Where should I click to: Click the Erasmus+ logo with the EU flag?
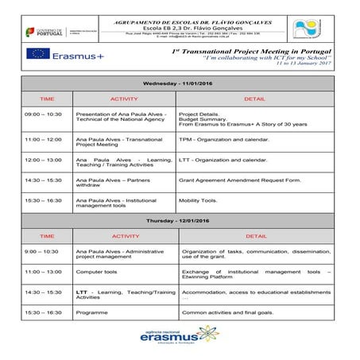66,54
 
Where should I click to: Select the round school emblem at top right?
308,29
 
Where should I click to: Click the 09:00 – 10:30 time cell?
44,114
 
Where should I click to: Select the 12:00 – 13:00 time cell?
44,159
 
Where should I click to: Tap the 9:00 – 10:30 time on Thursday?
42,251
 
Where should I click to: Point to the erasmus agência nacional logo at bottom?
180,338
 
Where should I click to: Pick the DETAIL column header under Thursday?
256,235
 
